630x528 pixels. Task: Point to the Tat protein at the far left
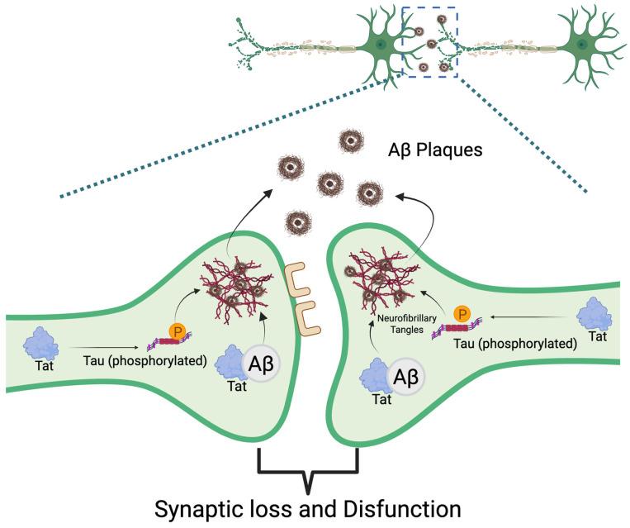pyautogui.click(x=41, y=340)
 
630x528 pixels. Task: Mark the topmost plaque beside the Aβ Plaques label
pyautogui.click(x=353, y=140)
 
